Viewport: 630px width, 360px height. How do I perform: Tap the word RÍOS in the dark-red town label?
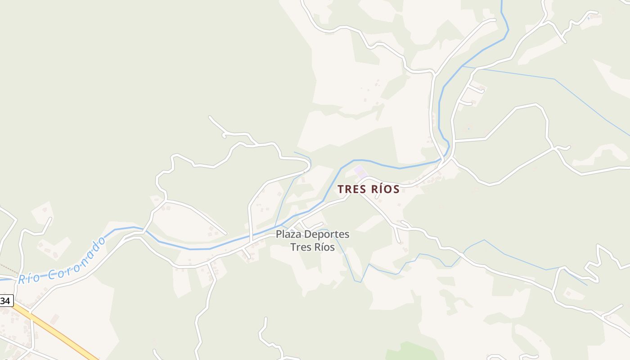pyautogui.click(x=382, y=189)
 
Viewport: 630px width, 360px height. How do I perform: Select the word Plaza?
pyautogui.click(x=288, y=234)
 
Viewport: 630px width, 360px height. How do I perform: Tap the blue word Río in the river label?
pyautogui.click(x=28, y=278)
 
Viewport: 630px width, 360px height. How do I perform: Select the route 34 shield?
pyautogui.click(x=5, y=301)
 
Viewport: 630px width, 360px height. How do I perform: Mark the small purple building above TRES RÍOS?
pyautogui.click(x=360, y=171)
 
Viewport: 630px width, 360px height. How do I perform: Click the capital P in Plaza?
pyautogui.click(x=279, y=234)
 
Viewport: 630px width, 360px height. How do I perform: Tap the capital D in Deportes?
pyautogui.click(x=308, y=234)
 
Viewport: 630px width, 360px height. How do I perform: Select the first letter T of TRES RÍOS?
pyautogui.click(x=341, y=189)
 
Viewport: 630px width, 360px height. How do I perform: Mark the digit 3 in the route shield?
pyautogui.click(x=4, y=301)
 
